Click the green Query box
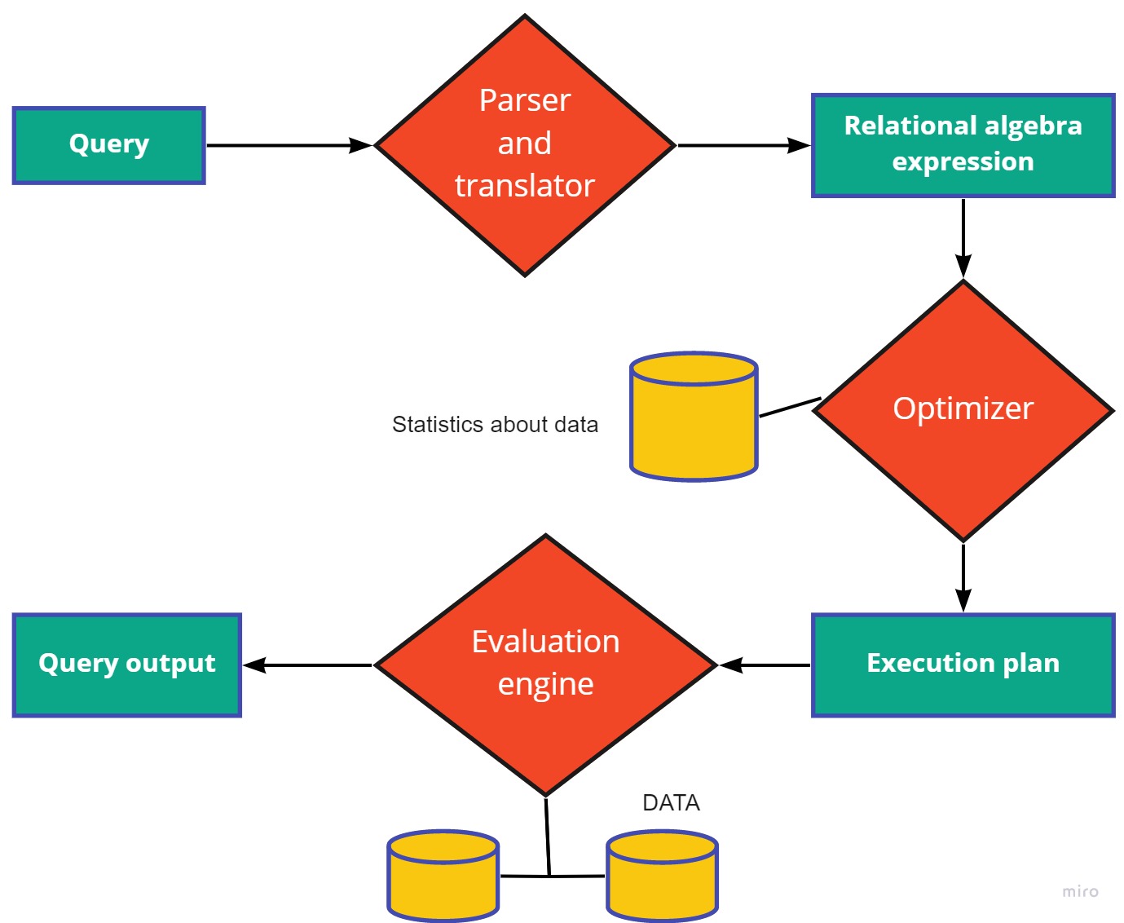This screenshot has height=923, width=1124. pyautogui.click(x=108, y=145)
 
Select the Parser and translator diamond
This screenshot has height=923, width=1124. pyautogui.click(x=525, y=145)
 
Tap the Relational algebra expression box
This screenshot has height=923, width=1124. pyautogui.click(x=963, y=145)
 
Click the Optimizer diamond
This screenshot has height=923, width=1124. pyautogui.click(x=963, y=410)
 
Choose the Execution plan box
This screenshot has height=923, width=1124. pyautogui.click(x=963, y=665)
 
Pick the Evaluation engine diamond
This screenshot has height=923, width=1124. pyautogui.click(x=545, y=665)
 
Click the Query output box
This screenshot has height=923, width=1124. pyautogui.click(x=127, y=665)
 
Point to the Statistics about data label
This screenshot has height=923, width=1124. pyautogui.click(x=495, y=425)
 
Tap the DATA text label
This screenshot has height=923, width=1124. pyautogui.click(x=671, y=803)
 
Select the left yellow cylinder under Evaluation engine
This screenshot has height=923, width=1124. pyautogui.click(x=443, y=877)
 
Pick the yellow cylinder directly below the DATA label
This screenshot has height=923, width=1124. pyautogui.click(x=662, y=877)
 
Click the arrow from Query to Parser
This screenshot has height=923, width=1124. pyautogui.click(x=289, y=145)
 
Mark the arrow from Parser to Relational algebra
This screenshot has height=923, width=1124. pyautogui.click(x=743, y=145)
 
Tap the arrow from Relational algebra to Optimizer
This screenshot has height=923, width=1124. pyautogui.click(x=963, y=237)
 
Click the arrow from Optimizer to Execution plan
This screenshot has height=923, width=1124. pyautogui.click(x=963, y=576)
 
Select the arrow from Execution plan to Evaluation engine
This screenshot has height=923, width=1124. pyautogui.click(x=765, y=665)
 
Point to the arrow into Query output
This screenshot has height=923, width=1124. pyautogui.click(x=307, y=665)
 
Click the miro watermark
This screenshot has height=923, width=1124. pyautogui.click(x=1080, y=892)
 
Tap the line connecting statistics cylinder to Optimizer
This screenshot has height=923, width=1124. pyautogui.click(x=789, y=408)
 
